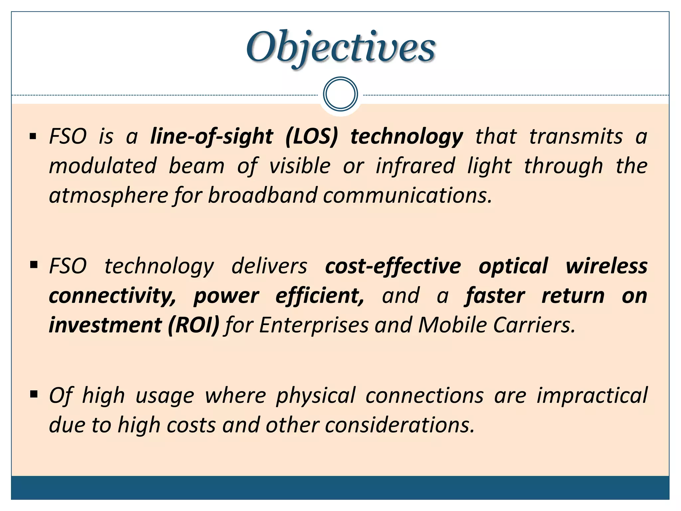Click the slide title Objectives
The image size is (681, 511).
(x=340, y=47)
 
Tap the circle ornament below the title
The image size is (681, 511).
(x=340, y=94)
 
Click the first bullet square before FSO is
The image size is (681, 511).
(x=33, y=136)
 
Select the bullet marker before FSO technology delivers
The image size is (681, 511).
(x=33, y=265)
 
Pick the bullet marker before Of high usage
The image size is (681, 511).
(x=33, y=395)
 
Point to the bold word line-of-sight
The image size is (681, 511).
(x=211, y=136)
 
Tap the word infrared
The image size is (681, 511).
(x=415, y=166)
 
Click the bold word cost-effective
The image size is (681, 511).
(x=393, y=266)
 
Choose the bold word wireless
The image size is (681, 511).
(x=607, y=266)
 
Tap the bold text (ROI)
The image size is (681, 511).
(x=194, y=325)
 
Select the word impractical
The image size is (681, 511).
(x=592, y=395)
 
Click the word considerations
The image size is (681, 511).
(x=399, y=425)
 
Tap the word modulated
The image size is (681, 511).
(x=103, y=166)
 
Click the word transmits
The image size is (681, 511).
(x=576, y=136)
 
